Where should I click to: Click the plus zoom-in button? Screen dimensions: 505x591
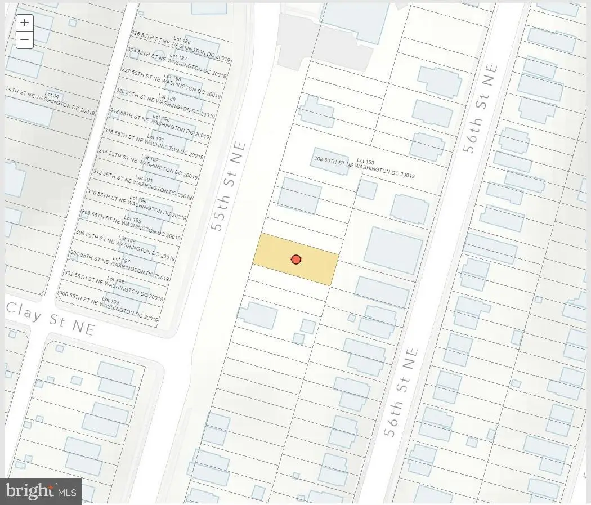tap(24, 23)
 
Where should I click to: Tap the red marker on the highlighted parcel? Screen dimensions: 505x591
tap(295, 260)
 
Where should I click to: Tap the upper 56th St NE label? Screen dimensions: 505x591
tap(481, 109)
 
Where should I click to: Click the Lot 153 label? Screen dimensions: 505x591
tap(365, 162)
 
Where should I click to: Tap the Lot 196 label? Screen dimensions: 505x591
tap(127, 240)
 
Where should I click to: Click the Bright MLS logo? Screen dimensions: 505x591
tap(41, 491)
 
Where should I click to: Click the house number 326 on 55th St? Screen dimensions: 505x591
tap(135, 33)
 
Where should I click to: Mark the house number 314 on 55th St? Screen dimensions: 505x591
tap(102, 151)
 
